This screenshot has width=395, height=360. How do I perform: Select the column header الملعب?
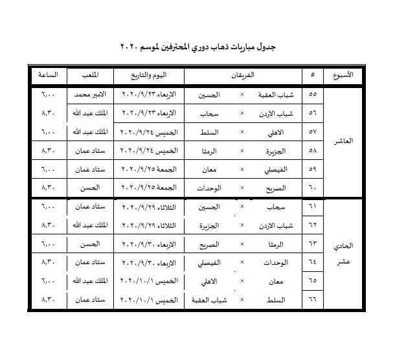tap(91, 74)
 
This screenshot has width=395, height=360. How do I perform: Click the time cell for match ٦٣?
tap(48, 246)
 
